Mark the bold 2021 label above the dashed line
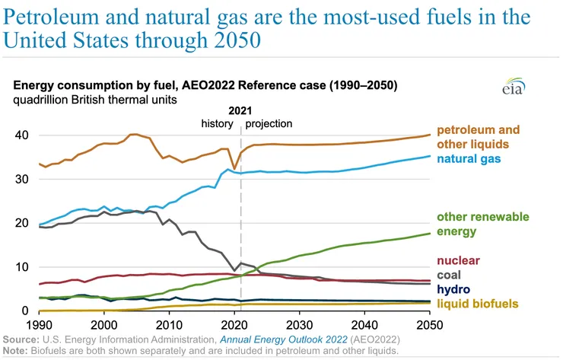(240, 110)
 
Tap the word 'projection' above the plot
(269, 123)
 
